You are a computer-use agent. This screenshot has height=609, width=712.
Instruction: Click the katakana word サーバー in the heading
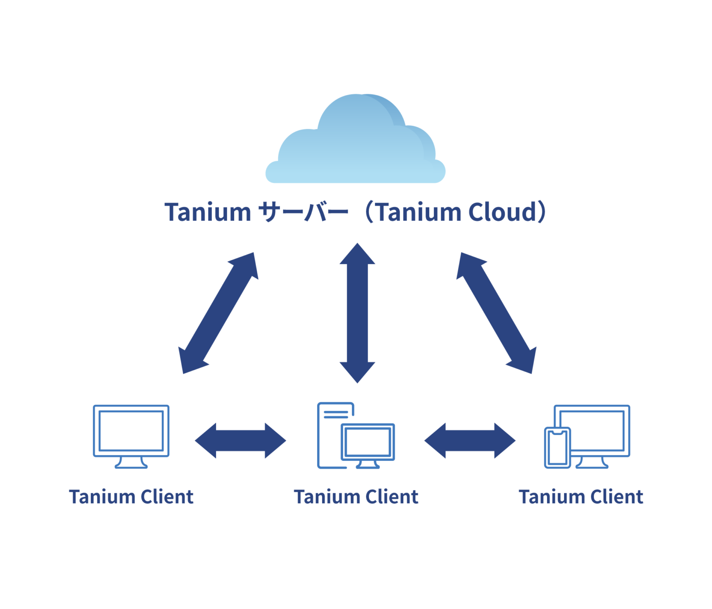tap(302, 213)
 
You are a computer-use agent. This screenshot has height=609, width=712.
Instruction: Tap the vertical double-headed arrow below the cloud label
tap(357, 313)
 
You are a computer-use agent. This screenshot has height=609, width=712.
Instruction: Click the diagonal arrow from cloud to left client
tap(218, 313)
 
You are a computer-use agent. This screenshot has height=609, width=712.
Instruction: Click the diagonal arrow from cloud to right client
tap(496, 313)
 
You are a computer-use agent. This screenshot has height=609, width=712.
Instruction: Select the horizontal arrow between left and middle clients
tap(240, 440)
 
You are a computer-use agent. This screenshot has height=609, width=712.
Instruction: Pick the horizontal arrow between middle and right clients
tap(470, 440)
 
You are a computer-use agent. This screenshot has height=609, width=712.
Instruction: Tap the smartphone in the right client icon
tap(557, 448)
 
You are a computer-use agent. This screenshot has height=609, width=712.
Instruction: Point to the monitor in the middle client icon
tap(368, 442)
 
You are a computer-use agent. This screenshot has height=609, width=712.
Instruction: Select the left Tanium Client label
tap(131, 497)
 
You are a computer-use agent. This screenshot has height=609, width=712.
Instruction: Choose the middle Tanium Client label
tap(356, 497)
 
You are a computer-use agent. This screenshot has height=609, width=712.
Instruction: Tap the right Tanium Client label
tap(581, 497)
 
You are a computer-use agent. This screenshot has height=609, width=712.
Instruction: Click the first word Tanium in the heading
tap(207, 213)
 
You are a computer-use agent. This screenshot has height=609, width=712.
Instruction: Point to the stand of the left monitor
tap(131, 463)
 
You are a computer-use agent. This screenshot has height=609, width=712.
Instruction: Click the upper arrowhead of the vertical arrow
tap(357, 255)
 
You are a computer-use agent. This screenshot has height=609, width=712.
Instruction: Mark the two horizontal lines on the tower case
tap(336, 414)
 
